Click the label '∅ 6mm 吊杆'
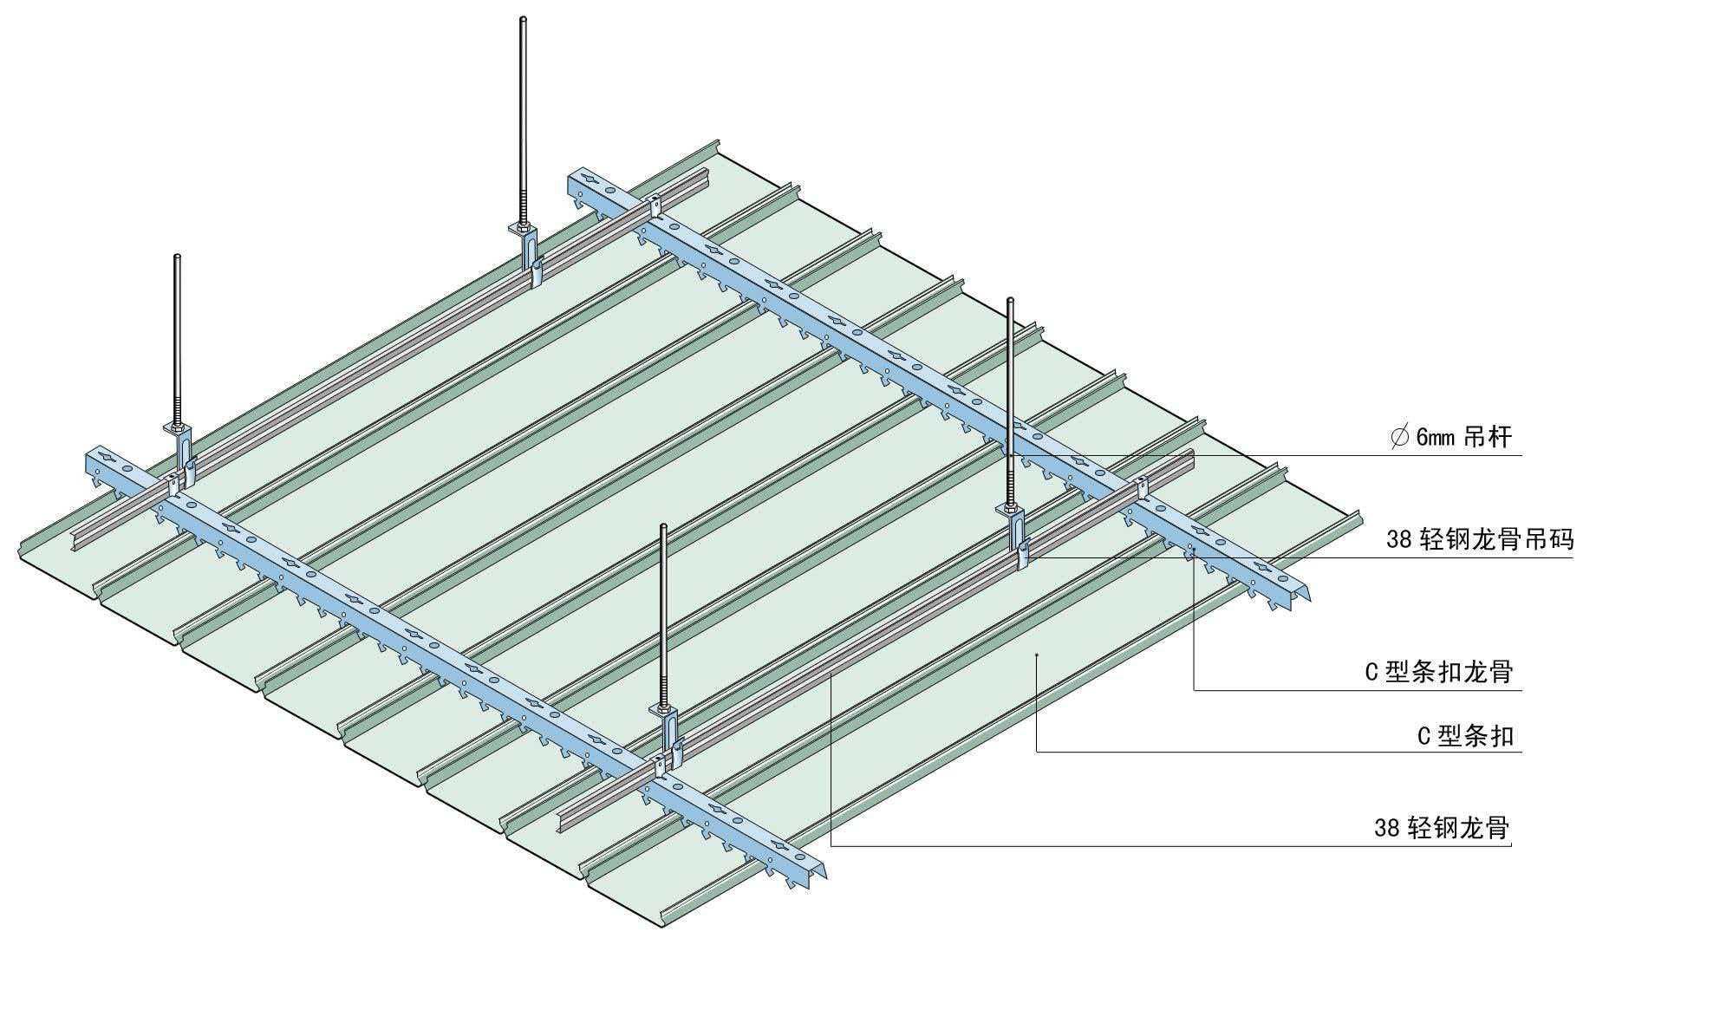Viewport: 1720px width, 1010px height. tap(1451, 437)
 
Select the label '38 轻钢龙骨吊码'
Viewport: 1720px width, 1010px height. tap(1480, 539)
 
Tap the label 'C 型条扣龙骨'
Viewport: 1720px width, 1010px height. tap(1439, 672)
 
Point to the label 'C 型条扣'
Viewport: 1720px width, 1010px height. tap(1465, 736)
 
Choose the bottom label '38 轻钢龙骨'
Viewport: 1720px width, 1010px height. tap(1442, 828)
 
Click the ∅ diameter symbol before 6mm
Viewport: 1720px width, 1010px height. tap(1398, 437)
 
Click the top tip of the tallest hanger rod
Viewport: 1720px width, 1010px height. tap(523, 19)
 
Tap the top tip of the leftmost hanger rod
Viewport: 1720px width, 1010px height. tap(178, 257)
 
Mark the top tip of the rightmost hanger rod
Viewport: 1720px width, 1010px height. tap(1010, 301)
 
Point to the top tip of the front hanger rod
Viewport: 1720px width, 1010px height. tap(663, 527)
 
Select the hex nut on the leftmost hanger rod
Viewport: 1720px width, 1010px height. tap(177, 427)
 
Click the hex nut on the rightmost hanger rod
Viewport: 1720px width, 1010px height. tap(1010, 508)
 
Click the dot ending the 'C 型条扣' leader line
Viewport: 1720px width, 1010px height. tap(1037, 656)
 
